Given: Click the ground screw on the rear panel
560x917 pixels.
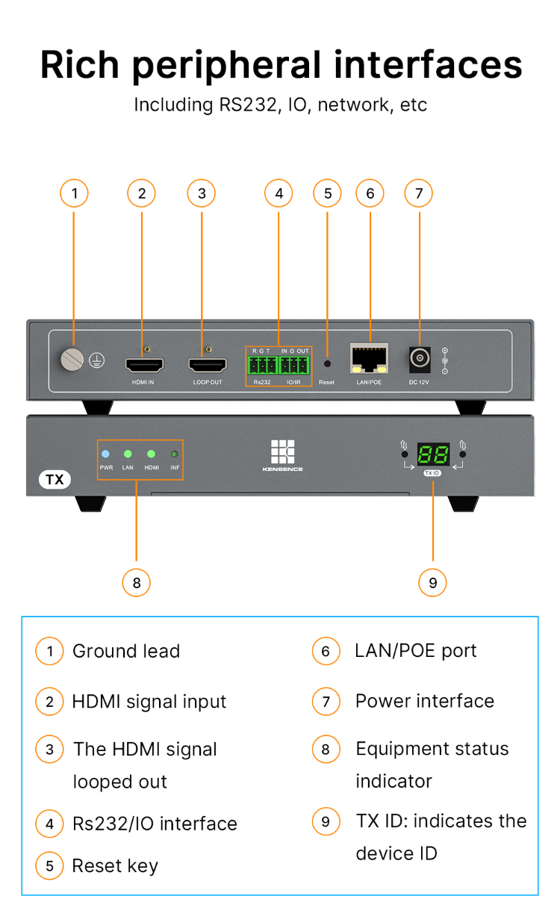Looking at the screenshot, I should click(73, 360).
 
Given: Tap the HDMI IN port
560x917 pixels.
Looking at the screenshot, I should click(144, 365).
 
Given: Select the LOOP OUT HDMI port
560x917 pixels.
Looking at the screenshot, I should click(207, 365).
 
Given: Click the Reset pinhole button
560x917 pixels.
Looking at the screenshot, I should click(326, 365).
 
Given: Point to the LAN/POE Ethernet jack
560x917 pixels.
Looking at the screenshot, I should click(370, 359).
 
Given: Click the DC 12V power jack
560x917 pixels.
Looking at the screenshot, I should click(420, 359).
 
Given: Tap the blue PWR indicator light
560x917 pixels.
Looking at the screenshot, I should click(105, 454).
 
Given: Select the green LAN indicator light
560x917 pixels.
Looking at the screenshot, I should click(128, 454).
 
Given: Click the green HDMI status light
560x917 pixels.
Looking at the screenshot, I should click(151, 454).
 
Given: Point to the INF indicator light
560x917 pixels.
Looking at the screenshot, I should click(175, 454).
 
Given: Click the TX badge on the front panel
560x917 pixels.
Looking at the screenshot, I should click(55, 479).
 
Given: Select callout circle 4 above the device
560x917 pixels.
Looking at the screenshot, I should click(279, 194).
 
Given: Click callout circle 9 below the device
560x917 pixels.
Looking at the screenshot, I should click(433, 582).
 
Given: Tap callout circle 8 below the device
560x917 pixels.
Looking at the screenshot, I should click(136, 582).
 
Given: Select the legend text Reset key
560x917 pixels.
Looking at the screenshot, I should click(115, 866).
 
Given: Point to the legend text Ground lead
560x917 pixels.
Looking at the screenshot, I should click(126, 651).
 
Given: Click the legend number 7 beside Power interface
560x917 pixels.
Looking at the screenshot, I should click(326, 702).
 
